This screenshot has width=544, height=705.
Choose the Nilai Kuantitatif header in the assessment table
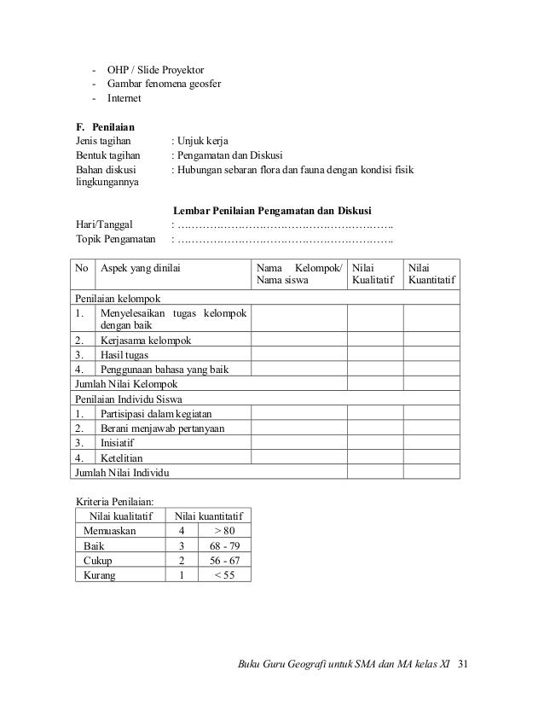coord(431,274)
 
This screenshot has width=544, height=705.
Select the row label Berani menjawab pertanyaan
coord(163,428)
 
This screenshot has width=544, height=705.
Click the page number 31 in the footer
coord(464,665)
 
